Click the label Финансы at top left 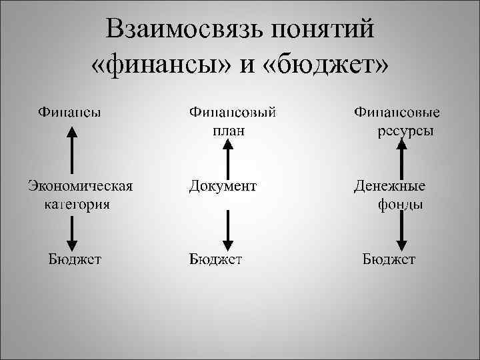(69, 111)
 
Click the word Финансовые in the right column (401, 111)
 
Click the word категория (78, 204)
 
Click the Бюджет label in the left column (75, 259)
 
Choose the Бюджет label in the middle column (215, 259)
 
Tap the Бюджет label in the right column (389, 259)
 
